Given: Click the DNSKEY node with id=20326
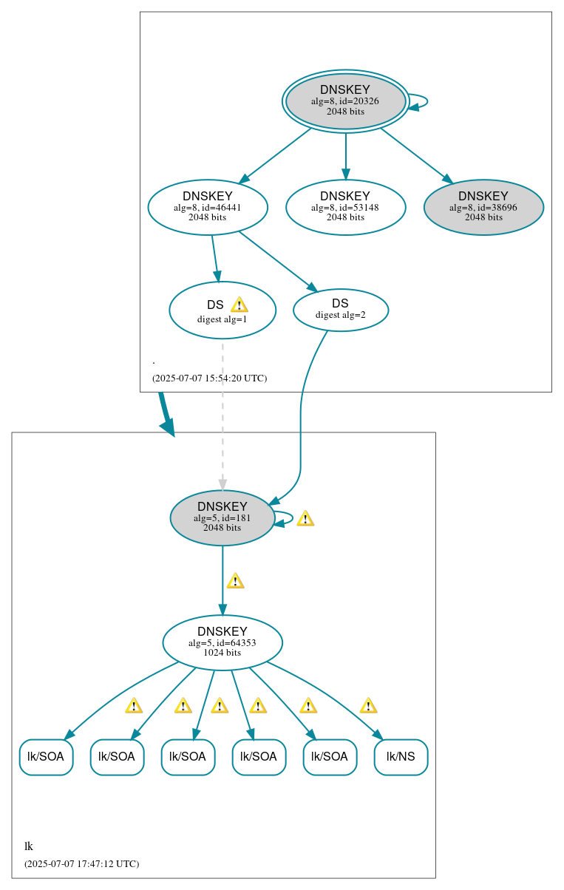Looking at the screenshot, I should coord(345,101).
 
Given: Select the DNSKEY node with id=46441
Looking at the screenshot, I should coord(208,208).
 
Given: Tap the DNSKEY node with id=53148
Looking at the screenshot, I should coord(345,208).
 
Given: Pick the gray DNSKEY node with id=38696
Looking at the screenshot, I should coord(483,208).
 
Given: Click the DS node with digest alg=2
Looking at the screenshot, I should coord(340,310).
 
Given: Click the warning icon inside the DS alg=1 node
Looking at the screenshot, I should coord(239,305).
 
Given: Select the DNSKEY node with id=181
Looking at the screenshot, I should coord(222,517).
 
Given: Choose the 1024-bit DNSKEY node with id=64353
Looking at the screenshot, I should coord(222,642).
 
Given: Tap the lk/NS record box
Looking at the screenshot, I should coord(401,757).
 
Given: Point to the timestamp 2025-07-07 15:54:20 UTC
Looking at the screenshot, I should coord(209,378).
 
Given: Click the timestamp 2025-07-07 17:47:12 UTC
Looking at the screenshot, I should coord(81,863).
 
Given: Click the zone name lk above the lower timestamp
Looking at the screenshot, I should coord(29,846).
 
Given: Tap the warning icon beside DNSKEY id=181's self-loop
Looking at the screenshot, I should coord(305,518).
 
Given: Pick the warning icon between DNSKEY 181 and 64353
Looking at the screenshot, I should coord(235,580).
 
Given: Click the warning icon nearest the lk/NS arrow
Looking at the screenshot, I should coord(368,705).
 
